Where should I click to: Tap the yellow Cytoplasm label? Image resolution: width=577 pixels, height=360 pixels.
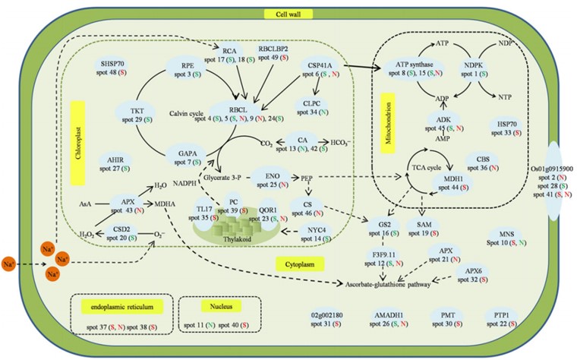tap(298, 264)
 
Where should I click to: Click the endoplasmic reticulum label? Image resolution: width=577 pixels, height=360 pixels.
tap(118, 306)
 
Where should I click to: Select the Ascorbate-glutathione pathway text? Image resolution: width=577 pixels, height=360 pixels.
tap(383, 285)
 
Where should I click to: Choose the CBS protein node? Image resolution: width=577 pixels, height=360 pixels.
tap(481, 162)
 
